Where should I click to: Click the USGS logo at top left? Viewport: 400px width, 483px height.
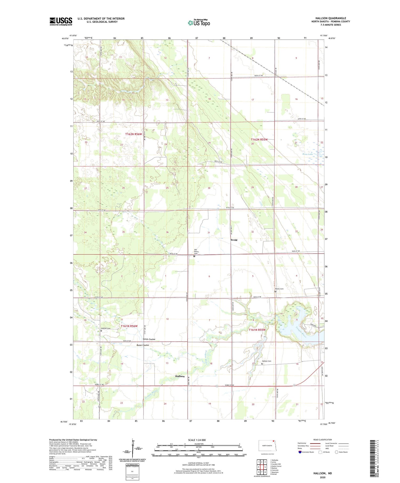(x=61, y=21)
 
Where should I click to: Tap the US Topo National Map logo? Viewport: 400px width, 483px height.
(x=199, y=23)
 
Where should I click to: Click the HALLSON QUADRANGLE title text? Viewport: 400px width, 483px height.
(x=331, y=18)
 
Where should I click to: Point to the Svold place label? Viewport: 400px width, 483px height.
(x=234, y=240)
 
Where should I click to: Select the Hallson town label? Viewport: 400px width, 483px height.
(x=180, y=376)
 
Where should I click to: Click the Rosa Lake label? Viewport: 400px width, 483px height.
(x=307, y=154)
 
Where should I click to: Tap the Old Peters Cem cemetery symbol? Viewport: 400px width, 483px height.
(x=194, y=256)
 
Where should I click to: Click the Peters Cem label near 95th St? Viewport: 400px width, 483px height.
(x=279, y=289)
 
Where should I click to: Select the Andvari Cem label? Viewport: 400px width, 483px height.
(x=106, y=328)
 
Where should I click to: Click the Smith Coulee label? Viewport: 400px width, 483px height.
(x=149, y=339)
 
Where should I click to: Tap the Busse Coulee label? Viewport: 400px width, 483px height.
(x=142, y=345)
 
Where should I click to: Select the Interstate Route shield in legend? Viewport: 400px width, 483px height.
(x=300, y=452)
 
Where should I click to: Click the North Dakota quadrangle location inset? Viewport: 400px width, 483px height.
(x=267, y=445)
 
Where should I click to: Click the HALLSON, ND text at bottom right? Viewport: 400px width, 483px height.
(x=323, y=473)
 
